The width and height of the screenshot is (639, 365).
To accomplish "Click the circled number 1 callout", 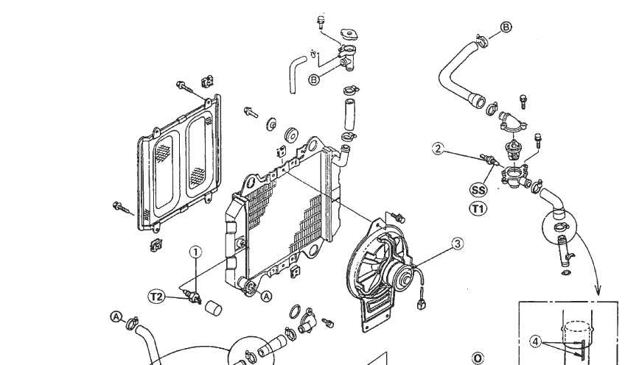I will click(195, 252).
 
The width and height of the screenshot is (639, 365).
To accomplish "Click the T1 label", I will click(478, 208).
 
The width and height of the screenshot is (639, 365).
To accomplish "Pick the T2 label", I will click(156, 297).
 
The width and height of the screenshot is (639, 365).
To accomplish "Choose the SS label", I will click(478, 189).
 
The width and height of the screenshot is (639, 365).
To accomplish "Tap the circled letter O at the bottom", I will click(477, 358).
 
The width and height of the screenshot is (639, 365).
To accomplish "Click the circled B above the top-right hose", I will click(506, 28).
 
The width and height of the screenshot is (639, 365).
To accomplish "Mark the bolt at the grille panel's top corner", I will click(184, 87).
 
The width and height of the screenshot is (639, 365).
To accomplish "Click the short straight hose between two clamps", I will click(347, 114).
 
